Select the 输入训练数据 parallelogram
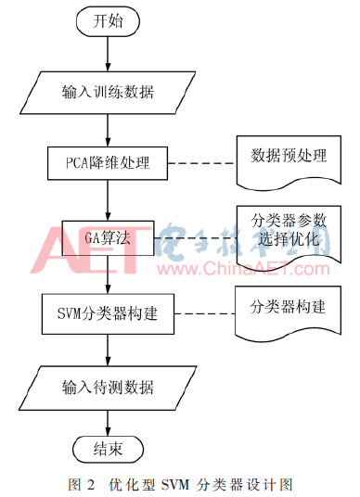click(x=109, y=92)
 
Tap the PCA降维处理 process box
click(x=109, y=164)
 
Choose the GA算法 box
click(x=109, y=237)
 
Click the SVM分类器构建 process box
click(x=109, y=313)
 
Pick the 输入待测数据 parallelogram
click(x=109, y=387)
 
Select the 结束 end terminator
click(x=109, y=449)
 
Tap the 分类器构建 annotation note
click(x=285, y=305)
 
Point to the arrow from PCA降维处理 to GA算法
click(x=109, y=200)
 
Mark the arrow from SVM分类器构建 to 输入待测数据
click(x=109, y=350)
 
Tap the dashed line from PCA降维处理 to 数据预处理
click(x=203, y=164)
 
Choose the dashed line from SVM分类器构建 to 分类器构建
click(x=203, y=313)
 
